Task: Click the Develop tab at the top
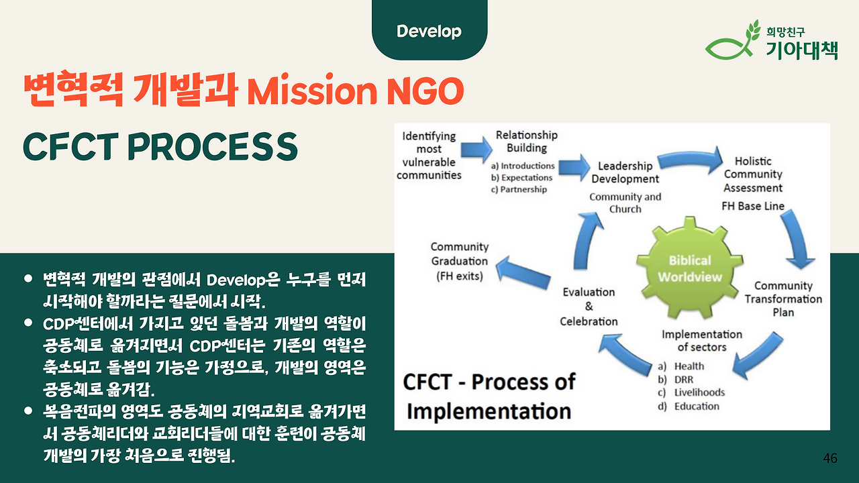[429, 30]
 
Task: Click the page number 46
[830, 458]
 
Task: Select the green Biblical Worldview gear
[690, 268]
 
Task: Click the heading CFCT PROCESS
[160, 146]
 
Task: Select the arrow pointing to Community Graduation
[523, 272]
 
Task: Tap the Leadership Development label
[625, 172]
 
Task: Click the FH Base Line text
[753, 206]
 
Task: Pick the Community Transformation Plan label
[783, 299]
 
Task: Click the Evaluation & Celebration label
[589, 307]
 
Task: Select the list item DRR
[684, 380]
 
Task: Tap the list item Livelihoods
[699, 392]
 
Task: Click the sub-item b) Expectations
[521, 178]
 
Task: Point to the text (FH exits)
[460, 276]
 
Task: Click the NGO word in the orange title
[425, 91]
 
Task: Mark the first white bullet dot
[28, 278]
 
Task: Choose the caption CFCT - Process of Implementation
[489, 396]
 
